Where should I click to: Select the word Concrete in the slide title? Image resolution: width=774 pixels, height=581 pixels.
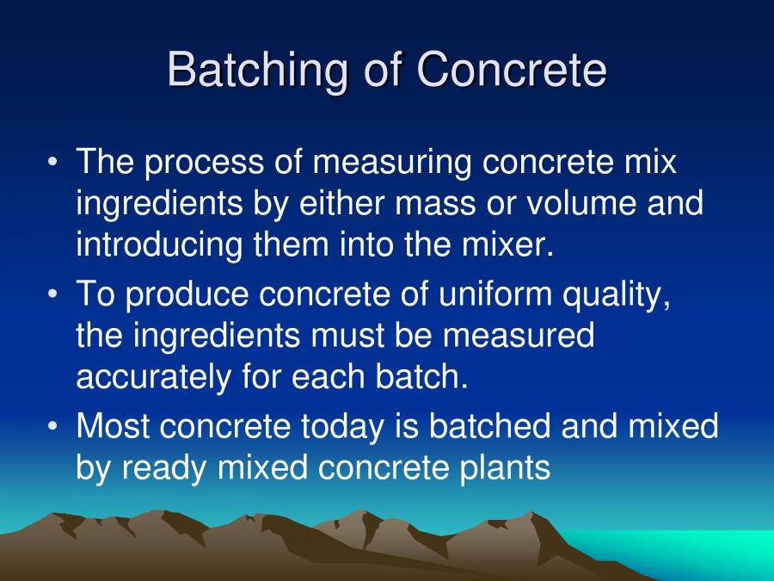pos(512,69)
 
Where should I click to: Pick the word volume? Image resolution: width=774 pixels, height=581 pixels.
pos(580,203)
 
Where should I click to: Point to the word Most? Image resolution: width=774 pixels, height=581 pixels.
pos(114,426)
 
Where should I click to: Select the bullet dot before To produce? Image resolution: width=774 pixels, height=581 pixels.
pos(53,294)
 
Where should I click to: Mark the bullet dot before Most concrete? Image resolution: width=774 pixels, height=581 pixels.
pos(53,426)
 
